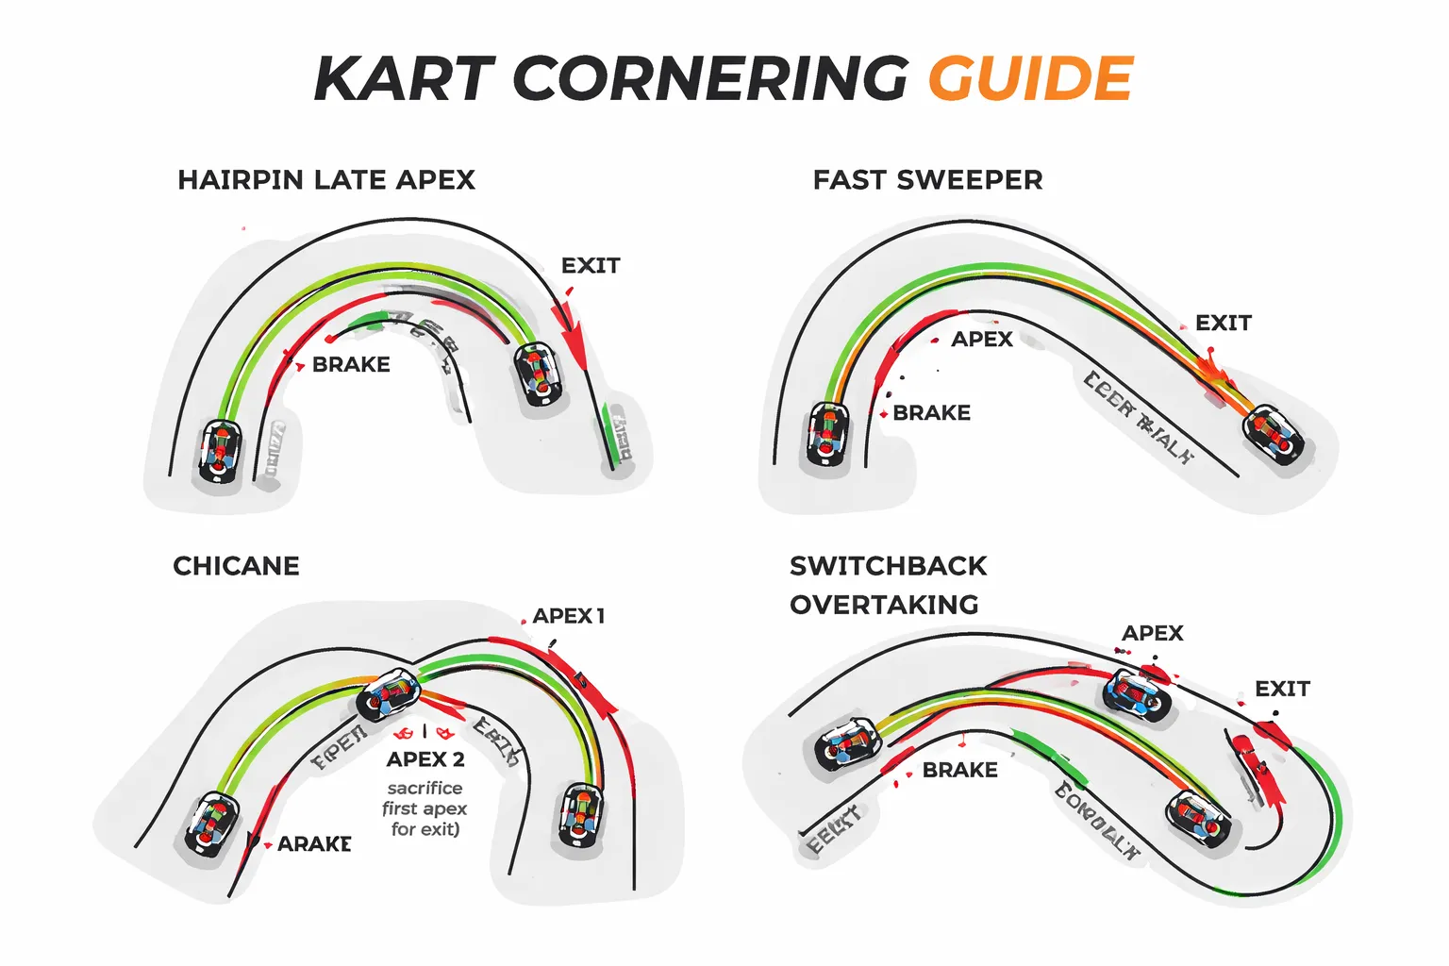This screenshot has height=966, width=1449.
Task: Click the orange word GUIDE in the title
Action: [x=1030, y=78]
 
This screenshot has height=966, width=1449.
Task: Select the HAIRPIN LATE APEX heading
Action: [x=326, y=180]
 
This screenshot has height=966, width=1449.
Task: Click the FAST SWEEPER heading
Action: [x=927, y=180]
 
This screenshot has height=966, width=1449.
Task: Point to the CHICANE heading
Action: [x=236, y=566]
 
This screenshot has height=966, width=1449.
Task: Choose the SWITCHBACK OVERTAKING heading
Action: [x=887, y=585]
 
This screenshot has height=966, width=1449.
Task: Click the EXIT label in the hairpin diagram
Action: [x=591, y=266]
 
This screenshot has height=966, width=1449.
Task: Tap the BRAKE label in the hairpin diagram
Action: [x=351, y=365]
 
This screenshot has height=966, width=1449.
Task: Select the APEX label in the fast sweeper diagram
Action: [x=981, y=340]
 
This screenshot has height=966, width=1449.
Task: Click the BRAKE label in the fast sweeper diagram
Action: [x=931, y=413]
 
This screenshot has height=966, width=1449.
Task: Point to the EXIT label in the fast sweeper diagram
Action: [x=1223, y=324]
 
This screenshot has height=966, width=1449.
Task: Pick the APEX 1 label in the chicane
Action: [x=568, y=616]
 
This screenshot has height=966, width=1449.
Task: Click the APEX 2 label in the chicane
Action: [x=425, y=759]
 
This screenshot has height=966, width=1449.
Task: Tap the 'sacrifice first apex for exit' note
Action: [x=425, y=808]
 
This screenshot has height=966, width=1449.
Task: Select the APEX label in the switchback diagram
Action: [x=1152, y=633]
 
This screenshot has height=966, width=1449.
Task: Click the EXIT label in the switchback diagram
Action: [x=1282, y=689]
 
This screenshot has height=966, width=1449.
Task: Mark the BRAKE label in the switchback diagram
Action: [x=959, y=771]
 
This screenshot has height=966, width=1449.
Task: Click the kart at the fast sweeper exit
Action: [x=1274, y=436]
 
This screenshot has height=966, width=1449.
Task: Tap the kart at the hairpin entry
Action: [x=220, y=452]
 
